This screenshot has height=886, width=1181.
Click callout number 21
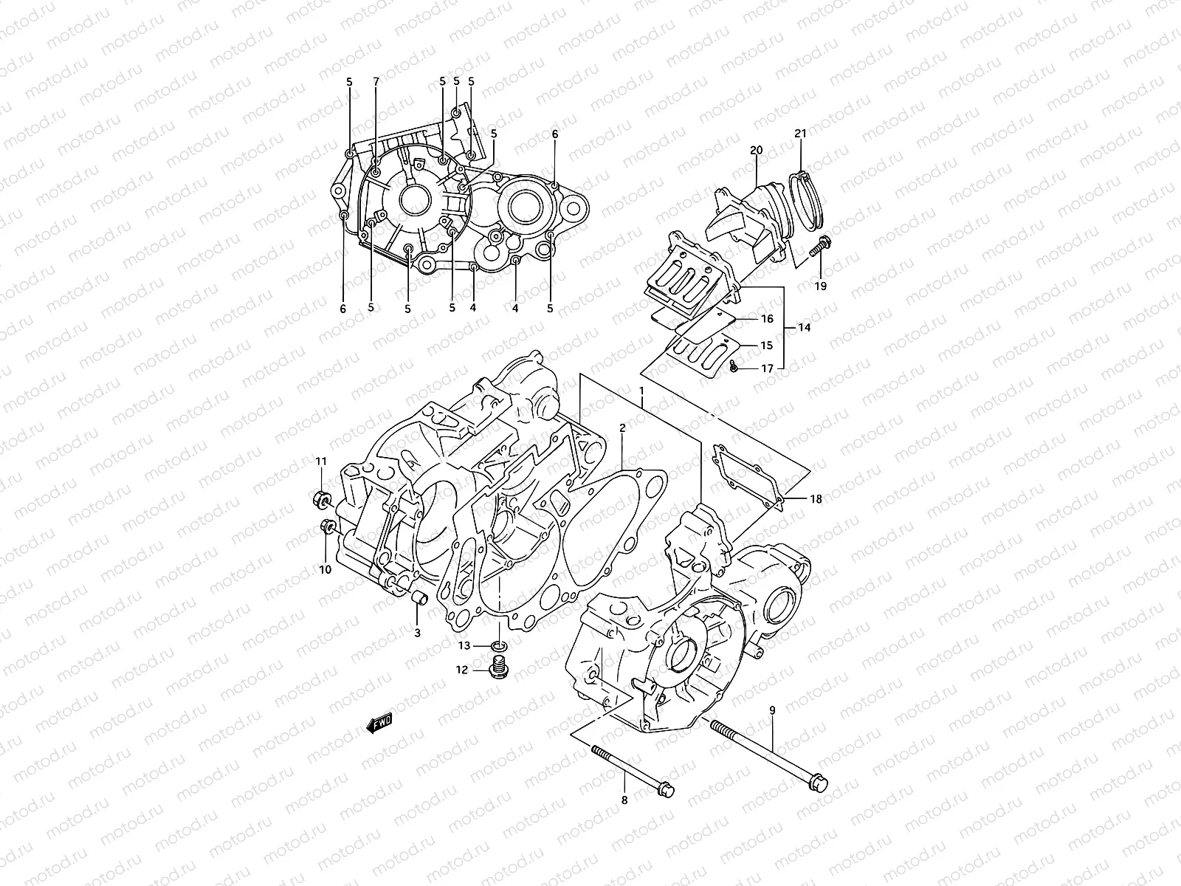tap(800, 134)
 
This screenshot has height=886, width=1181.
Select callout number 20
tap(756, 150)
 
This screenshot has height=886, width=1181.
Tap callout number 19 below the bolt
tap(821, 286)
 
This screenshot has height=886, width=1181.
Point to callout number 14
tap(804, 328)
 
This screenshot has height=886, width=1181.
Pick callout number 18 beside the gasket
tap(815, 499)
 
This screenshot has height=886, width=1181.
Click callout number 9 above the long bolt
tap(772, 710)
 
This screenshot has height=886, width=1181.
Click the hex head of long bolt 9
tap(819, 782)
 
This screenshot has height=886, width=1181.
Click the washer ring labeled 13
tap(500, 648)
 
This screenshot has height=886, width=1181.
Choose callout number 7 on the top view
tap(376, 81)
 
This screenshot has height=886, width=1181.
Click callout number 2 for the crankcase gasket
tap(622, 427)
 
